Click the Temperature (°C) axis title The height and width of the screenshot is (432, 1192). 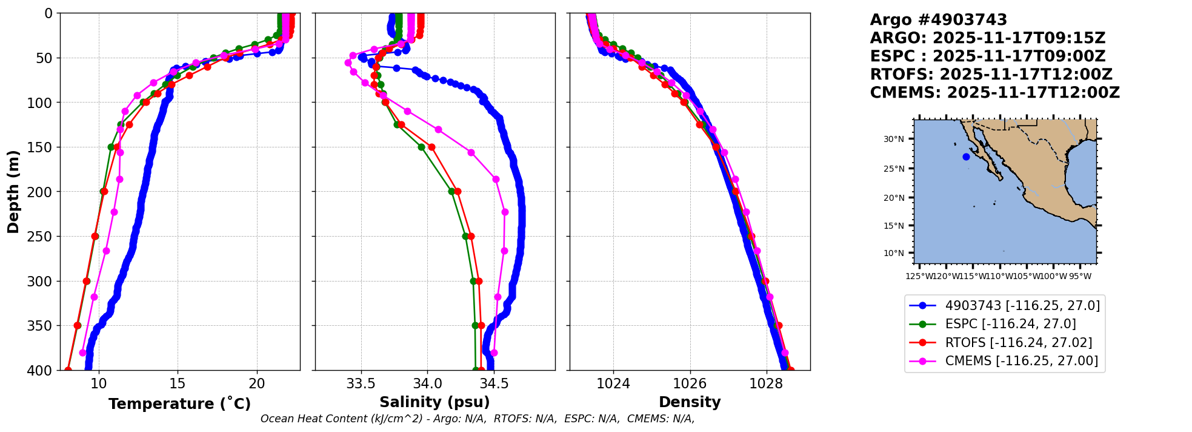tap(179, 404)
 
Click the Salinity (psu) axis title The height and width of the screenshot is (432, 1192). tap(435, 402)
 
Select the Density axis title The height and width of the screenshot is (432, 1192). tap(690, 402)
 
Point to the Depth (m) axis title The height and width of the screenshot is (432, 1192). tap(13, 192)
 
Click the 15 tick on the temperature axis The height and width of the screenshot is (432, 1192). tap(177, 384)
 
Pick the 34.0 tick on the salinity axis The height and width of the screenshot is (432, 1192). tap(427, 384)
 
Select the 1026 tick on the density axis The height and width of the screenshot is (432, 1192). tap(690, 384)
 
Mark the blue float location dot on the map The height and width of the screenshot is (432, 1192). tap(966, 157)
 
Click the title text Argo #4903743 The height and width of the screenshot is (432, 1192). tap(938, 20)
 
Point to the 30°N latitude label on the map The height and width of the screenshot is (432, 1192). tap(893, 140)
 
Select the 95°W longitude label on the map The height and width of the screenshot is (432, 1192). tap(1080, 277)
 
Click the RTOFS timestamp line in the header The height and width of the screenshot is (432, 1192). tap(991, 75)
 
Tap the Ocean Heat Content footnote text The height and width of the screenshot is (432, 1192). tap(478, 419)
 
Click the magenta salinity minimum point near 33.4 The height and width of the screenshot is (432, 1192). tap(348, 62)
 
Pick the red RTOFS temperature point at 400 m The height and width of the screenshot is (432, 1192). tap(68, 370)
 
